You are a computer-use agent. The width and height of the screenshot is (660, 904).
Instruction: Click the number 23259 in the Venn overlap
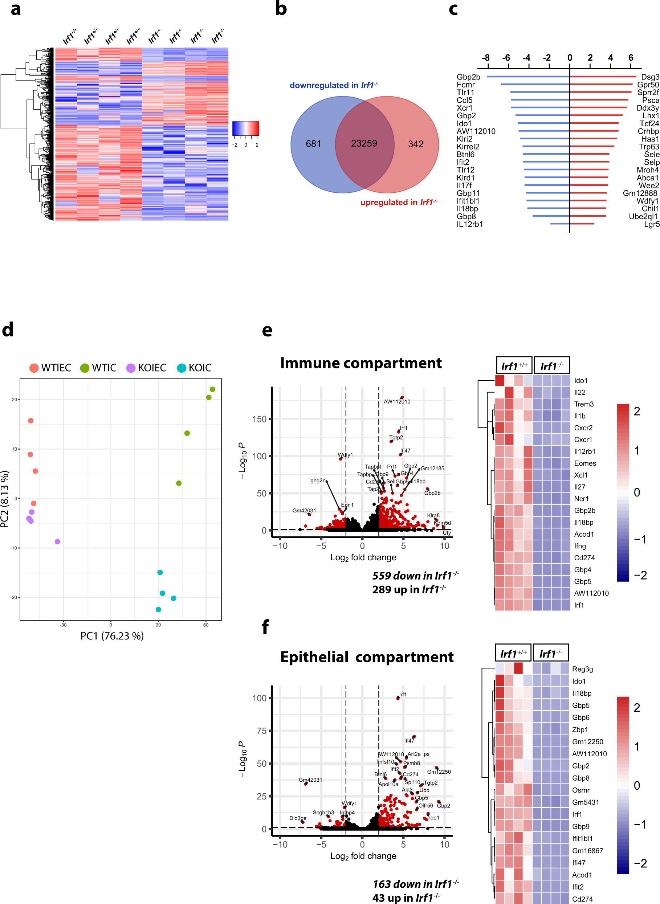[x=363, y=143]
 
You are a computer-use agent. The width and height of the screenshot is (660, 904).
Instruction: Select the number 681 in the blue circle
[x=313, y=144]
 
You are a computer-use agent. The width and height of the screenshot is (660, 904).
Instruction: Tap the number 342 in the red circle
[x=416, y=144]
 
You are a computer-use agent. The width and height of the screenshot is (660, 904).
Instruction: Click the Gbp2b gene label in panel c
[x=468, y=77]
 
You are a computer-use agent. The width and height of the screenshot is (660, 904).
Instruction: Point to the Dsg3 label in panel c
[x=649, y=77]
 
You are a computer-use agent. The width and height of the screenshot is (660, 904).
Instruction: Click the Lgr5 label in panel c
[x=651, y=224]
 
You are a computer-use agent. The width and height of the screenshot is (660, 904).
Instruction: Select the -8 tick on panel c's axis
[x=485, y=58]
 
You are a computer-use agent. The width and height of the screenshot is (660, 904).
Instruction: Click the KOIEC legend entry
[x=146, y=368]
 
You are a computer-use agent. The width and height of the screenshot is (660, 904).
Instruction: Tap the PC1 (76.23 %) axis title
[x=112, y=636]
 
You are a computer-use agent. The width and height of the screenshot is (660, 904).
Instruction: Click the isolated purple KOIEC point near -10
[x=57, y=541]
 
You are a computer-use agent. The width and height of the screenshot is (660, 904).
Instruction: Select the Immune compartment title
[x=361, y=363]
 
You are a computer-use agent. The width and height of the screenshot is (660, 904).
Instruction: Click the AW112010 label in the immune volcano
[x=397, y=402]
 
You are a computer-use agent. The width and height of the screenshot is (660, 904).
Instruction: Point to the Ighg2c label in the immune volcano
[x=317, y=480]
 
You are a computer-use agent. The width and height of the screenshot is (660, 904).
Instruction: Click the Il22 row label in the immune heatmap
[x=579, y=393]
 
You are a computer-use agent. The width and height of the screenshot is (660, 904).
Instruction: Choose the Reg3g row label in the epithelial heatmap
[x=582, y=669]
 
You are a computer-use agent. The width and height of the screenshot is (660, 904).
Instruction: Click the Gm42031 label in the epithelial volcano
[x=310, y=780]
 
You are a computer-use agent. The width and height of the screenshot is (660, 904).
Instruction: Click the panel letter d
[x=8, y=330]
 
